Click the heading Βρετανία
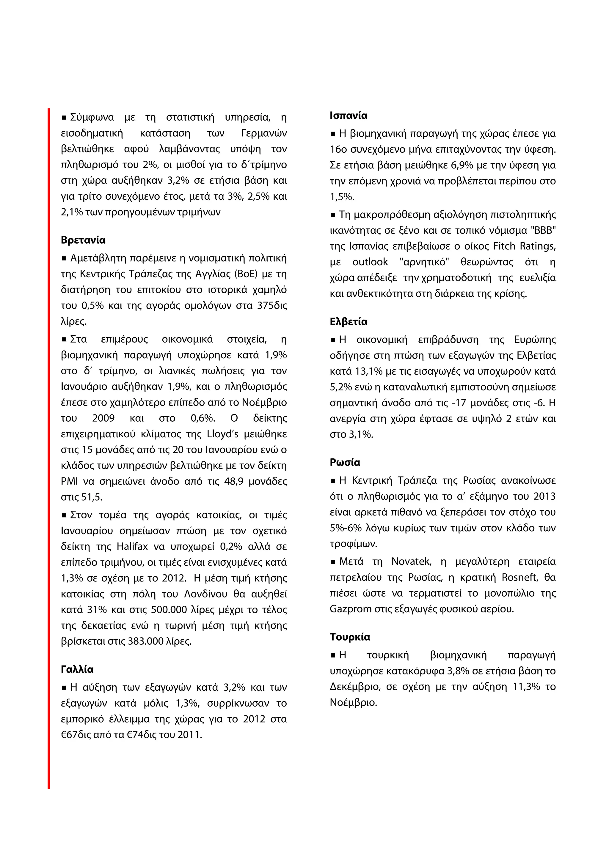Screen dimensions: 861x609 pos(83,240)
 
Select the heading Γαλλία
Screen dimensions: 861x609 pos(77,669)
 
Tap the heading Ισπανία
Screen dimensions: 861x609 pos(348,116)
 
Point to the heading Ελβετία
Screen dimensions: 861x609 pos(348,321)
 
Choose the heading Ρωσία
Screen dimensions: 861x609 pos(344,462)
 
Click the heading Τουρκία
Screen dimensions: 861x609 pos(350,637)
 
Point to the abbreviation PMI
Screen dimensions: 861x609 pos(69,481)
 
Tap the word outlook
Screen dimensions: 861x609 pos(370,262)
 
